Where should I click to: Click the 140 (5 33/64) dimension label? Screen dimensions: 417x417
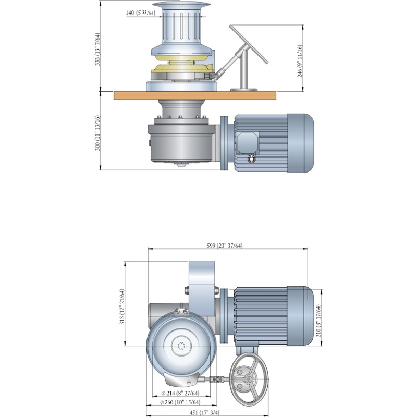[x=140, y=13]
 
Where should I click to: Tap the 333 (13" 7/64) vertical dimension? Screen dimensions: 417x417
[x=97, y=49]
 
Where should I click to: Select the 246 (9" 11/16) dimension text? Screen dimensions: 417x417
[x=300, y=61]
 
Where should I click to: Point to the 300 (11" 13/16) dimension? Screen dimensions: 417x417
[x=97, y=133]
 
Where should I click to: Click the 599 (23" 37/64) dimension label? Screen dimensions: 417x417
[x=225, y=246]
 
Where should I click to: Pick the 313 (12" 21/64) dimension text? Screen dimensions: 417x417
[x=122, y=306]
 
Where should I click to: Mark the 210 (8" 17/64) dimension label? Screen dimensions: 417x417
[x=318, y=321]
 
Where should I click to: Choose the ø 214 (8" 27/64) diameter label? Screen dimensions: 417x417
[x=180, y=393]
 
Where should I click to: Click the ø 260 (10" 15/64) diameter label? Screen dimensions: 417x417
[x=180, y=402]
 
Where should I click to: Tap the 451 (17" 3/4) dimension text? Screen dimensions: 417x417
[x=204, y=412]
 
